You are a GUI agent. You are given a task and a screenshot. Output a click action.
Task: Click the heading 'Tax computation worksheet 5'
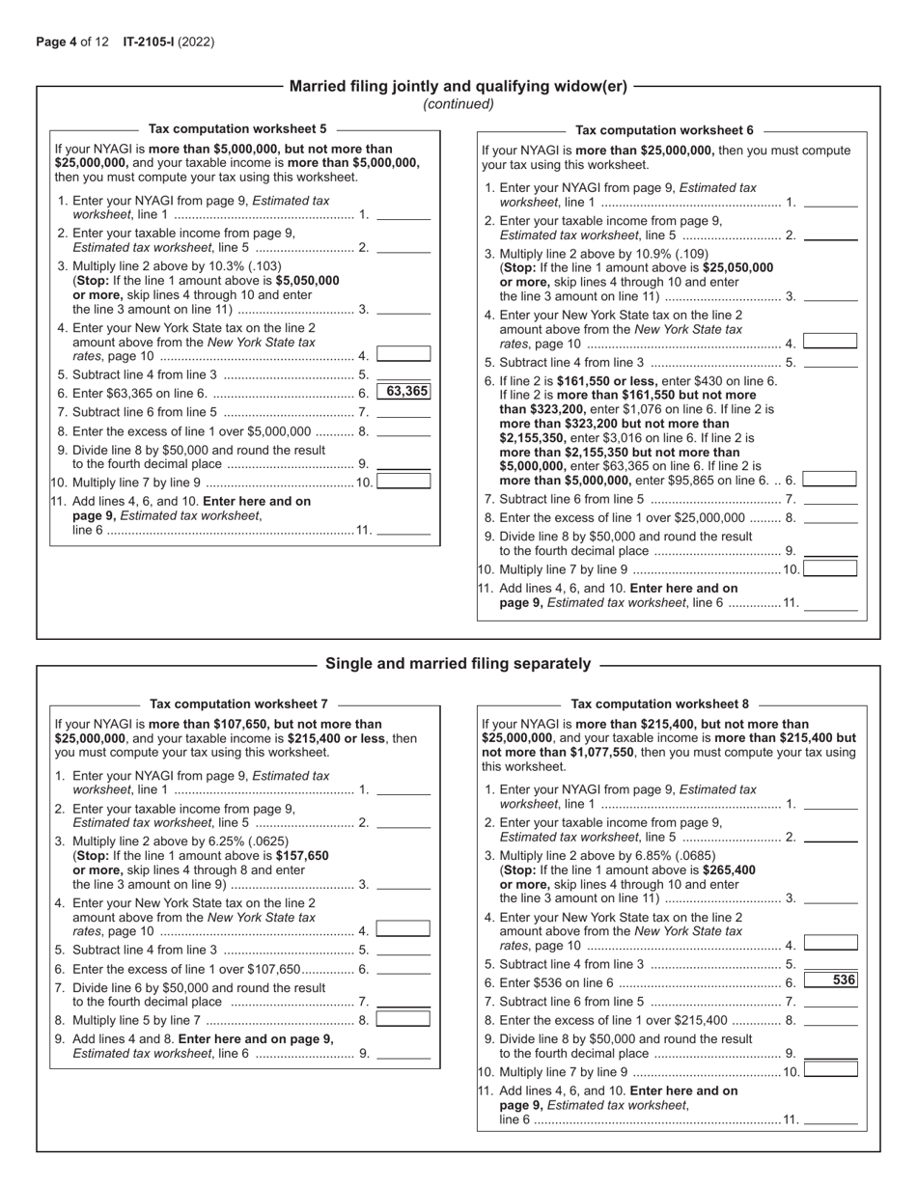coord(237,128)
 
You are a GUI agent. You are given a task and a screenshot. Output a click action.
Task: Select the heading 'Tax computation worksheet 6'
coord(664,129)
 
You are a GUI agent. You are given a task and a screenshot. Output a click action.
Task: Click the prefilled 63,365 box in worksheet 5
coord(403,392)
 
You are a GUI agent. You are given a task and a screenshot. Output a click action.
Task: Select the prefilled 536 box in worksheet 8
coord(830,980)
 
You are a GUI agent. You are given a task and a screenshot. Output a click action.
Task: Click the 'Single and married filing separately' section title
coord(458,664)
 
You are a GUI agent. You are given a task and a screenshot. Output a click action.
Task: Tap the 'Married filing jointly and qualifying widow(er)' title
coord(458,86)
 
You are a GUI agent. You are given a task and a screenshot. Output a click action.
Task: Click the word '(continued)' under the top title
coord(458,103)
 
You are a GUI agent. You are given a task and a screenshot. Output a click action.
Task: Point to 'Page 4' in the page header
coord(56,41)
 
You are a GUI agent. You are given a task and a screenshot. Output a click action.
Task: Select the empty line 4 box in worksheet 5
coord(403,354)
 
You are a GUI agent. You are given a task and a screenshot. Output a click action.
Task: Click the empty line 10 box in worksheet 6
coord(830,568)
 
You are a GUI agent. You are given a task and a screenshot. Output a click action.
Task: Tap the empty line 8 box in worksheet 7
coord(403,1018)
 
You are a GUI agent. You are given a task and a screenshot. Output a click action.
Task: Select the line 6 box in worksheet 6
coord(830,479)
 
